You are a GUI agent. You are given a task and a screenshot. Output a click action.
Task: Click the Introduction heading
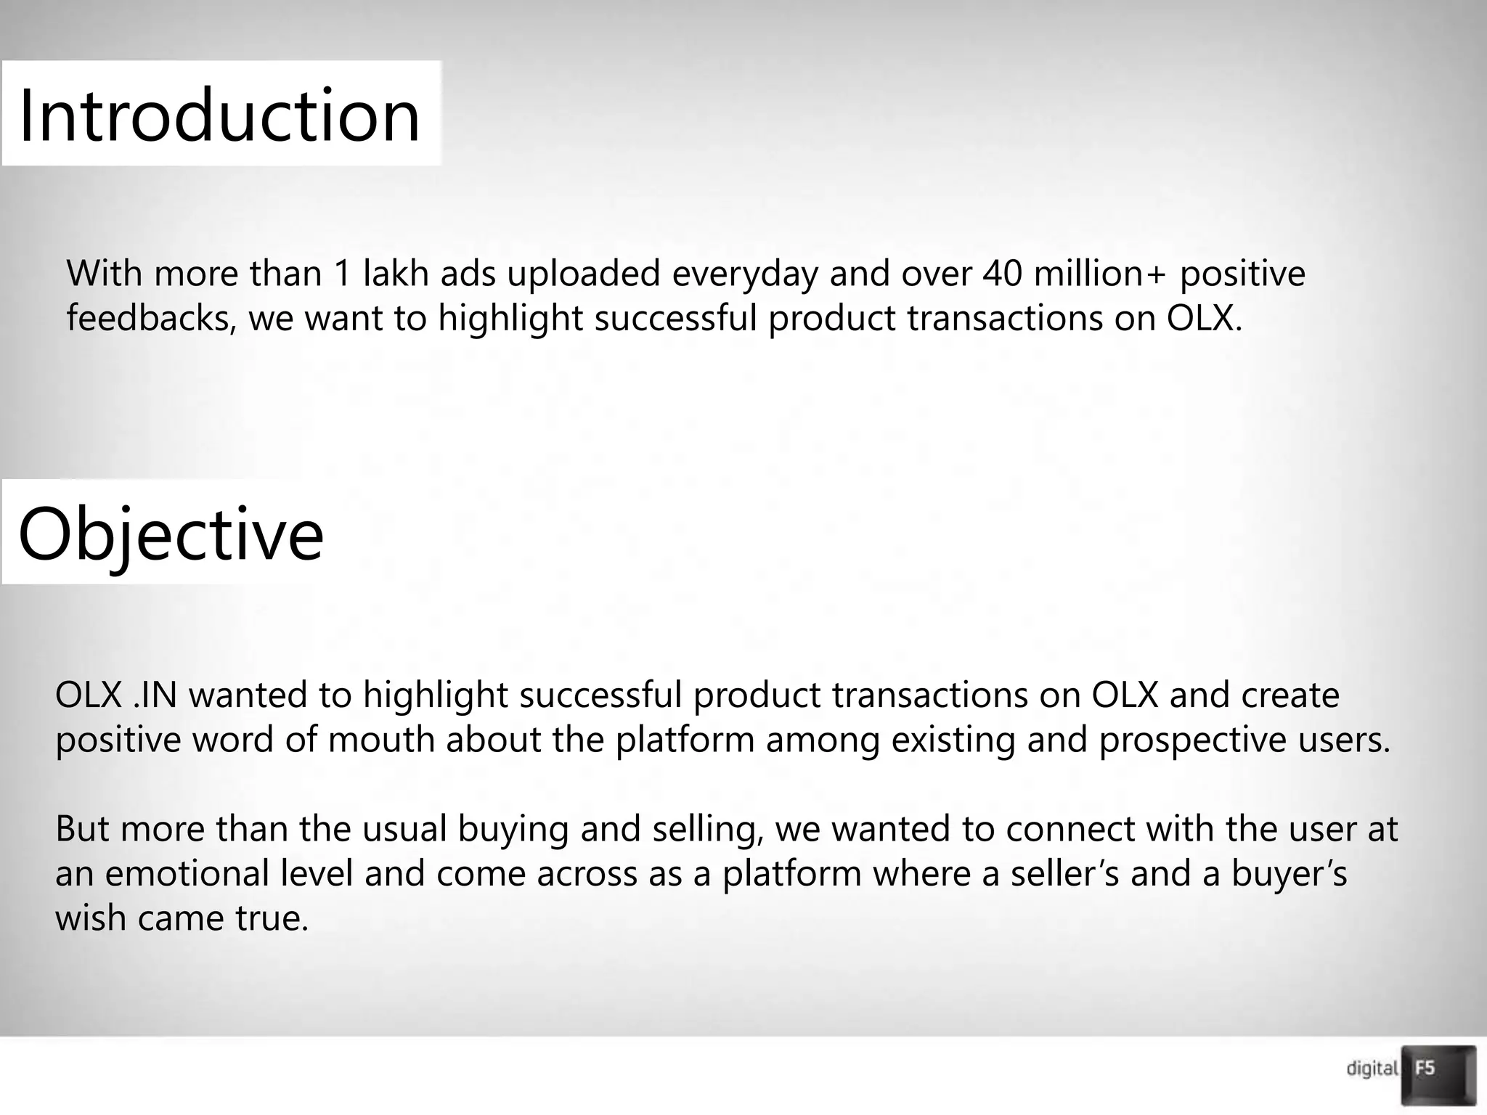click(219, 115)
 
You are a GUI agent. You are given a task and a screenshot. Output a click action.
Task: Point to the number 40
click(1003, 274)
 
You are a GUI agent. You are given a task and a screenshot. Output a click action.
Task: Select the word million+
click(1101, 274)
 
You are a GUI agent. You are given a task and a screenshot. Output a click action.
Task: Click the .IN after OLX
click(155, 695)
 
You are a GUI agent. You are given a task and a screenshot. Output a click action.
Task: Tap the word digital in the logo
click(1372, 1069)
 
